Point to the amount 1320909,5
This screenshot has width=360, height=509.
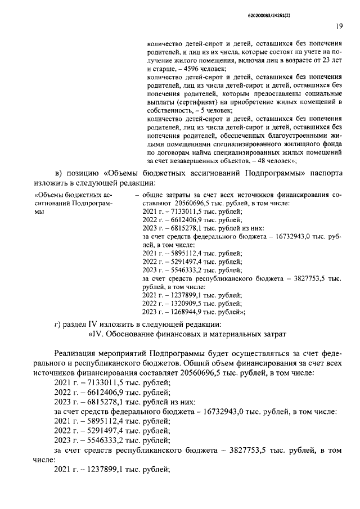pos(183,303)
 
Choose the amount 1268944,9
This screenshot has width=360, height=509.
pos(183,312)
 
